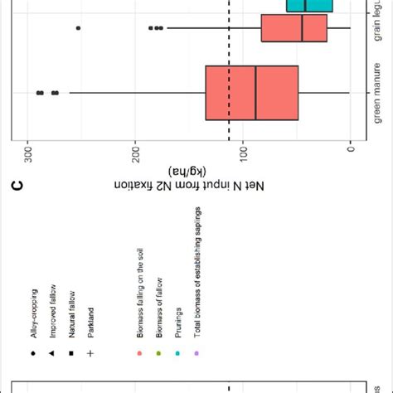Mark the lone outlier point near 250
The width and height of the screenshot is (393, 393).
coord(78,28)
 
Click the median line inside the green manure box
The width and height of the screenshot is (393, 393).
coord(255,92)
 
